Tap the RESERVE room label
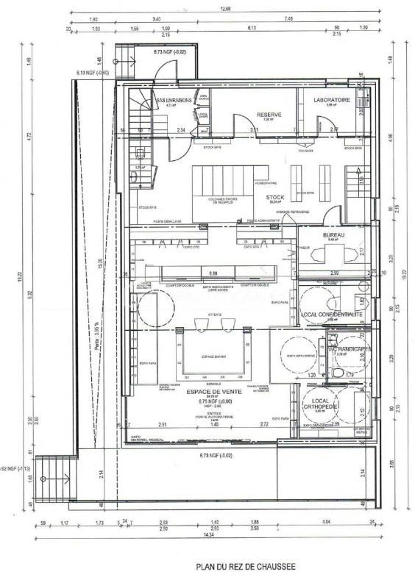pos(270,114)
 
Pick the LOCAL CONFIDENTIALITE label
pos(332,314)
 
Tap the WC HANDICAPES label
pos(350,348)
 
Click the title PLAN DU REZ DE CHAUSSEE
pos(245,567)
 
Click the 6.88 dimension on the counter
pos(213,272)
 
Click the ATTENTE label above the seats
pos(215,314)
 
